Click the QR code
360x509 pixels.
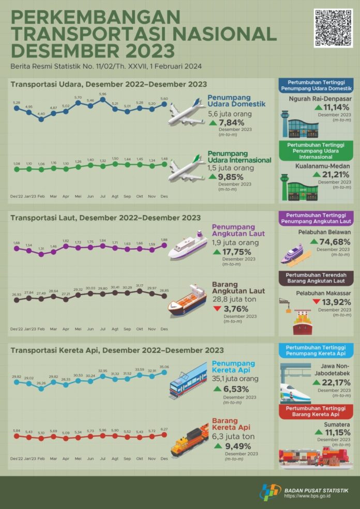click(333, 28)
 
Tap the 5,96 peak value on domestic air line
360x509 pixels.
click(102, 94)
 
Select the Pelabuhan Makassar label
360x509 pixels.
click(317, 292)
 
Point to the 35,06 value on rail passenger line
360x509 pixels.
click(164, 367)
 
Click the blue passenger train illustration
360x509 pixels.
click(188, 380)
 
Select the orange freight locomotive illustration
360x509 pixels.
click(189, 439)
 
